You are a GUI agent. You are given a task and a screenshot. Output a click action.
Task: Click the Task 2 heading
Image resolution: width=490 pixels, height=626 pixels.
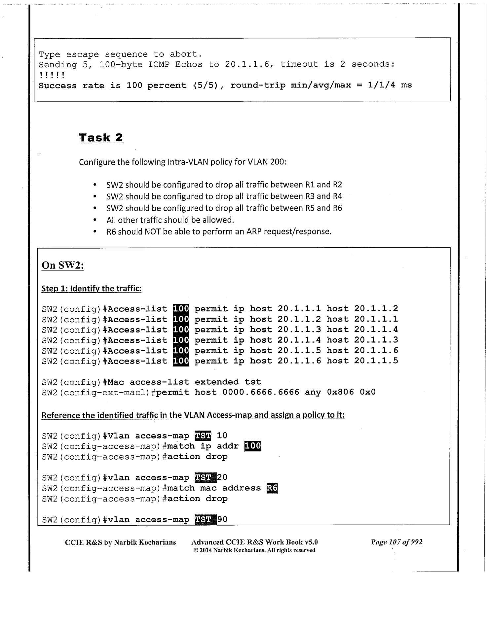(101, 138)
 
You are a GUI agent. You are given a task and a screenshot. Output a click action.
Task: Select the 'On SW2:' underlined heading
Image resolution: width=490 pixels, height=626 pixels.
(63, 265)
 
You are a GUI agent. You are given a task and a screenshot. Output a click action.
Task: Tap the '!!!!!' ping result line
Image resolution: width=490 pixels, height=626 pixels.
(52, 75)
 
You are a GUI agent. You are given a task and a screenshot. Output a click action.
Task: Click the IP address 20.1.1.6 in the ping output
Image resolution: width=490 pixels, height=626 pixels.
(249, 64)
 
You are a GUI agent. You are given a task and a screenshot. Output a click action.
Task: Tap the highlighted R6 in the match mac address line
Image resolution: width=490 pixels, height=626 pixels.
(272, 488)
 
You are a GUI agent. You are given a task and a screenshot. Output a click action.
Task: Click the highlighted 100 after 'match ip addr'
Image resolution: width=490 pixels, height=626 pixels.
(252, 446)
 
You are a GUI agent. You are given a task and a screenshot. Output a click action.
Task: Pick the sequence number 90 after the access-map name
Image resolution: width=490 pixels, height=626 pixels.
(222, 519)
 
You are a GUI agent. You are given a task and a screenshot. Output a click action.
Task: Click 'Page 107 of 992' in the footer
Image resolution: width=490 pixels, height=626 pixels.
(396, 542)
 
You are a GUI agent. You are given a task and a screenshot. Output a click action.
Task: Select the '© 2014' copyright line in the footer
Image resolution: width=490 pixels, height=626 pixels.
(254, 550)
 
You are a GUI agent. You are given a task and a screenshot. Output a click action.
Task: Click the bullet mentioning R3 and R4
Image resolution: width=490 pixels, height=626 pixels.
(224, 196)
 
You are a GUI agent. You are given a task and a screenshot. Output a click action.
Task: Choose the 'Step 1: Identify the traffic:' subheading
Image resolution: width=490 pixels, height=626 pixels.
(91, 289)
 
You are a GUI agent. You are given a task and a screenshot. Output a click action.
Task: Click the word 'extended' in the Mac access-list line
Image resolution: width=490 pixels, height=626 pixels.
(216, 382)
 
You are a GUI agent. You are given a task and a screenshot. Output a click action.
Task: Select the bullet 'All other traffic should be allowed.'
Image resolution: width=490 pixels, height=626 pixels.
(170, 220)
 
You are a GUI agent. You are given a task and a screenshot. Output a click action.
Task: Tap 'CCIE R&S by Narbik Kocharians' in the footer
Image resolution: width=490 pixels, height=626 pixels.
(120, 542)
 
